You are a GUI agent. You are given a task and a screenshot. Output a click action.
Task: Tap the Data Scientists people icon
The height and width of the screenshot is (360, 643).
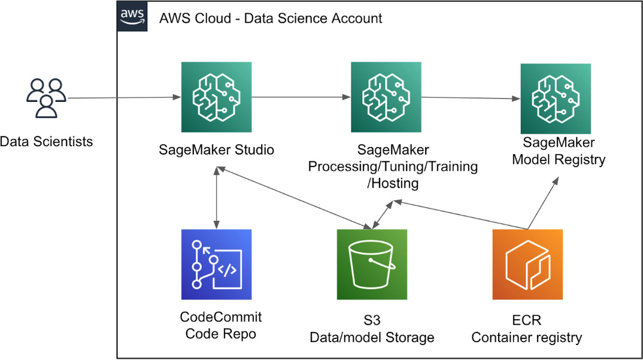coord(46,98)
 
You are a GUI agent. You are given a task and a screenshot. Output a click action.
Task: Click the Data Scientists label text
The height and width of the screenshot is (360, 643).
coord(46,142)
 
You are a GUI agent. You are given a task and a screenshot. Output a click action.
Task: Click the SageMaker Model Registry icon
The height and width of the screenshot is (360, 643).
coord(556,98)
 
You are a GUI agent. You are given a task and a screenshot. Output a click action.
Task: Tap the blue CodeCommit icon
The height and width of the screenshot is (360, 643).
coord(216,264)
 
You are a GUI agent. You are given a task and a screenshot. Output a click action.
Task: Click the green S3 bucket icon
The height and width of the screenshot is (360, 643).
coord(372,264)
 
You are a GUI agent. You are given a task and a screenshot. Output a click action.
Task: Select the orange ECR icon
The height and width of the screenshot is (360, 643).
coord(527,264)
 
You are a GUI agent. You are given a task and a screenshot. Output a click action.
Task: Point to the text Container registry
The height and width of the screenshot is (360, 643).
coord(526,338)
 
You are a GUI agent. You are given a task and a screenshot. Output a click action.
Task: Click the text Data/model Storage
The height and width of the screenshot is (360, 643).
coord(371,338)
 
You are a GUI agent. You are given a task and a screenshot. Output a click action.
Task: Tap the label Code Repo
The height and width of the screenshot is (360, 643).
coord(220,334)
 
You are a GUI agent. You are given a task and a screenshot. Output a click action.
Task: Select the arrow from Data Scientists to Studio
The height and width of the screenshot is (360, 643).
coord(120,98)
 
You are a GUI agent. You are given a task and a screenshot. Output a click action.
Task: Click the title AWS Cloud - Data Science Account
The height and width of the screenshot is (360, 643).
coord(271,18)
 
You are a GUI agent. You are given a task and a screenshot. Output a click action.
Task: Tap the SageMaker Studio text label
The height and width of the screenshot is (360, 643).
coord(217,149)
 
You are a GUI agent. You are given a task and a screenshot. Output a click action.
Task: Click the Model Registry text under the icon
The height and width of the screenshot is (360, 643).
coord(559,159)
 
